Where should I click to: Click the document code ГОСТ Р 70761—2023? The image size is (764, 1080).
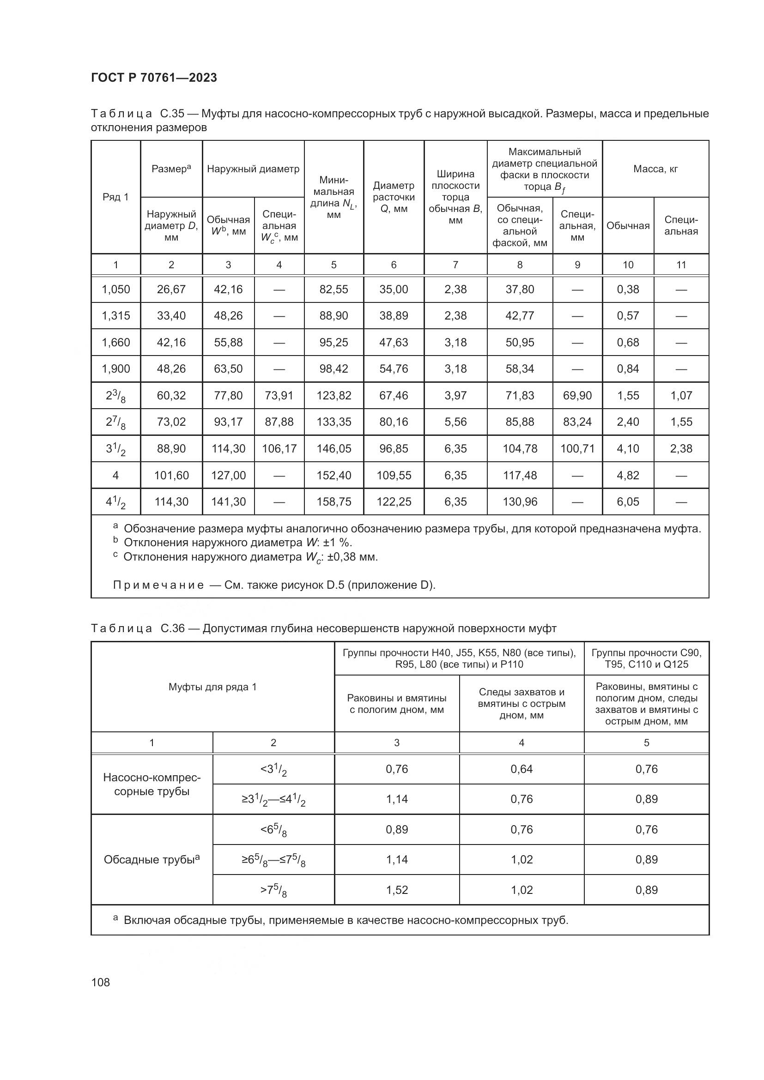154,78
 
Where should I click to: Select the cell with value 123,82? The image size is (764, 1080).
333,396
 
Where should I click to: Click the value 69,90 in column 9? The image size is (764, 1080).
577,396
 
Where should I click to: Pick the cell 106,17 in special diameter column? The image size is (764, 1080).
279,449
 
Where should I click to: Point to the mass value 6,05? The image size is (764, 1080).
628,502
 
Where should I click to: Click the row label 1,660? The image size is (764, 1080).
116,343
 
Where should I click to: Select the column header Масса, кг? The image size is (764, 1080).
655,169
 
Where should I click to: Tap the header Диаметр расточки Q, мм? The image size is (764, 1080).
394,197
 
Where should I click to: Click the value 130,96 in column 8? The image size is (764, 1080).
520,502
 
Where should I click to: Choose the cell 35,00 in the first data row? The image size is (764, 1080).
394,290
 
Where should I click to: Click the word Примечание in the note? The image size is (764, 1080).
158,585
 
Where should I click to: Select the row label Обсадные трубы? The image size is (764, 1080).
152,860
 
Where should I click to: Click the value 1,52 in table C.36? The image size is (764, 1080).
397,890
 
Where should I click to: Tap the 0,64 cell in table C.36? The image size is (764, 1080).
521,769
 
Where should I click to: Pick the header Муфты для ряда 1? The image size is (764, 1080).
212,687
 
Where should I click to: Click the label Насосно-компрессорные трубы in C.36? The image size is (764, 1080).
152,784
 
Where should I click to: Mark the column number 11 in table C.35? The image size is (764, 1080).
681,265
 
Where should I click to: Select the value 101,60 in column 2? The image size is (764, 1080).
171,476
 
